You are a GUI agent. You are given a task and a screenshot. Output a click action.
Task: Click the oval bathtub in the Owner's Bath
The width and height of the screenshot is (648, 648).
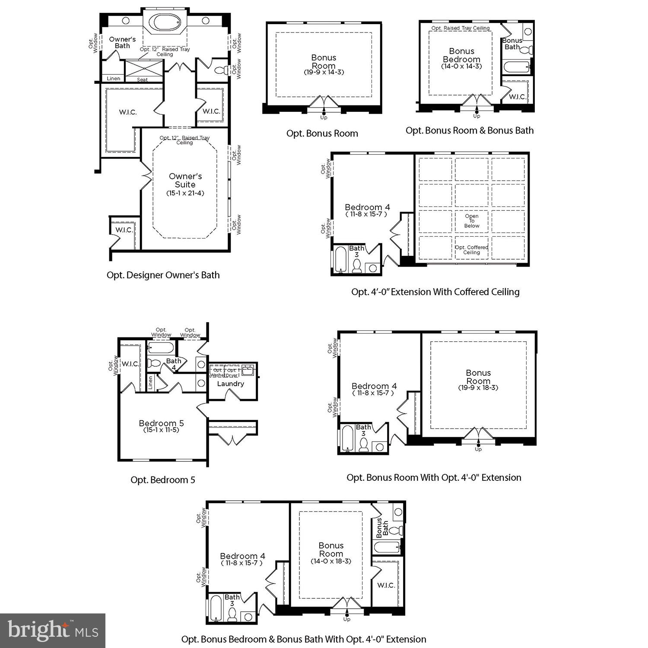165,22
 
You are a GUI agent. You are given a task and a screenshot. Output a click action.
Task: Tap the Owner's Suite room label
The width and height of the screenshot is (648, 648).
185,180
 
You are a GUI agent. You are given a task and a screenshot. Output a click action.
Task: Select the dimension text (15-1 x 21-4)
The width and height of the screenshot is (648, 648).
185,193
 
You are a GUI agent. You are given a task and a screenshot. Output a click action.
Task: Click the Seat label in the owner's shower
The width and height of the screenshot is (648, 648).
142,79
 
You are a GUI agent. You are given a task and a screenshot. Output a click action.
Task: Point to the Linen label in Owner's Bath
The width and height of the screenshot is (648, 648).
114,79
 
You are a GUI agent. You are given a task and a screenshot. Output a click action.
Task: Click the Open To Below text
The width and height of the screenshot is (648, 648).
472,221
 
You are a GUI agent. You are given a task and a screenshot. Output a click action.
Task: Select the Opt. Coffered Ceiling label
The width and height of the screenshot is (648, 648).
472,250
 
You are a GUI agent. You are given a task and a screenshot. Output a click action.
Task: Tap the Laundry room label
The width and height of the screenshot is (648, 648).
231,384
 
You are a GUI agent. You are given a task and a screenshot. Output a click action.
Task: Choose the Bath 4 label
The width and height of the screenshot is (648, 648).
174,364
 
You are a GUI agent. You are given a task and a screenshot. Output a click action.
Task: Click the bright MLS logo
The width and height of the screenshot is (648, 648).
53,631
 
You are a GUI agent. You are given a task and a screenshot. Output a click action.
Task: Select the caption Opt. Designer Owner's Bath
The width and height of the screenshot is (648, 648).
163,275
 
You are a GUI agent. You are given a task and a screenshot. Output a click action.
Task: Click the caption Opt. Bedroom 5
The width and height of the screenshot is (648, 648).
163,480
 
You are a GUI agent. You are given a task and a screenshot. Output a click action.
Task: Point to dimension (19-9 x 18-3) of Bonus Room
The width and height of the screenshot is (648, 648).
478,388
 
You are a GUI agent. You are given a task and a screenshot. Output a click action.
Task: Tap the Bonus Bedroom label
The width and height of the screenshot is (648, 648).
461,55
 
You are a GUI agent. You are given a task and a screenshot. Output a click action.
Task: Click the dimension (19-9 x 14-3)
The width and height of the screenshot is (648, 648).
324,72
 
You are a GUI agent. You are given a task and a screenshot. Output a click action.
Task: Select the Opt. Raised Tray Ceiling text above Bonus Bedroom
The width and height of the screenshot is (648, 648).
461,28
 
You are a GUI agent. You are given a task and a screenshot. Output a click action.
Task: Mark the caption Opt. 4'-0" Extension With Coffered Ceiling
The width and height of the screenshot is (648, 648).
435,292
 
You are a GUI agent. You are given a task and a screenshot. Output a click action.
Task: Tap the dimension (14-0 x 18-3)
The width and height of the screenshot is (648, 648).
331,561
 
